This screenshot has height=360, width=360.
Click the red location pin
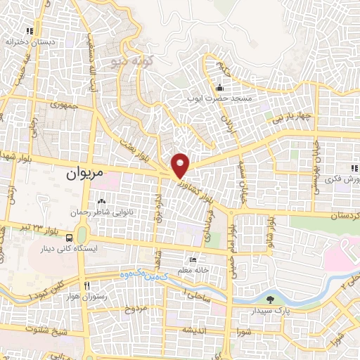(181, 166)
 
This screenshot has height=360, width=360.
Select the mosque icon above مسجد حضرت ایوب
(220, 88)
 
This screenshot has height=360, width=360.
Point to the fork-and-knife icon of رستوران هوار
(86, 285)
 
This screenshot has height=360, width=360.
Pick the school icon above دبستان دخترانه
(29, 31)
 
